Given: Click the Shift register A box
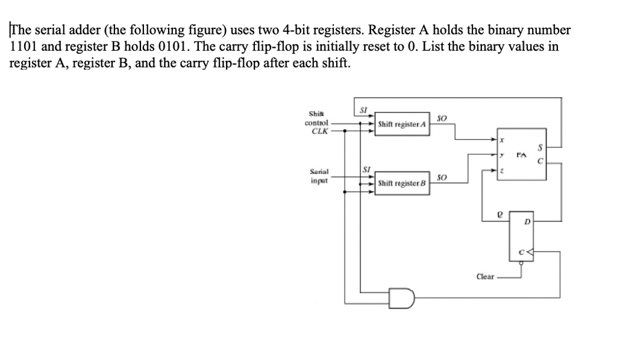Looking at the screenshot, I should click(x=402, y=125).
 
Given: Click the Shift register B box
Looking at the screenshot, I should click(x=402, y=183).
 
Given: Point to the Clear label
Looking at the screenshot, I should click(x=485, y=277).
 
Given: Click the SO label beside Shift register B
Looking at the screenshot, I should click(x=441, y=178).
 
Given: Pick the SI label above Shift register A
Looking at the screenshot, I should click(x=363, y=109).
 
